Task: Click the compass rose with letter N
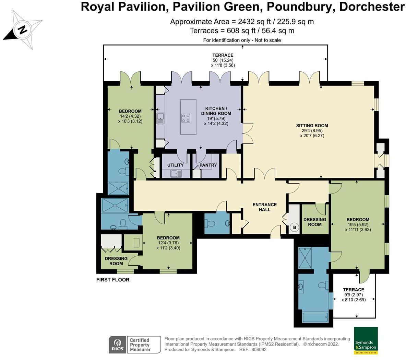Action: coord(22,30)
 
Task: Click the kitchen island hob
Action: coord(186,118)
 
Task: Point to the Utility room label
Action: coord(175,165)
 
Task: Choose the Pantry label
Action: coord(208,165)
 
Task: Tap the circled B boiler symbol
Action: coord(294,227)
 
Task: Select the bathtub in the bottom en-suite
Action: coord(315,316)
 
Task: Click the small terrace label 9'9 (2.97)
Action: coord(353,294)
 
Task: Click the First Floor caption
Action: coord(113,280)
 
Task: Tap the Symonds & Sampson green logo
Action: coord(366,340)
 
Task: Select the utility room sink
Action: coord(177,174)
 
